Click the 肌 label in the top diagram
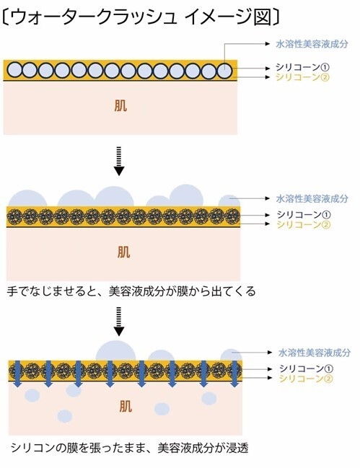[x=121, y=106]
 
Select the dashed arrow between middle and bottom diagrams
[x=120, y=324]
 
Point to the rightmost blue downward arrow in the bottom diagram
[x=233, y=374]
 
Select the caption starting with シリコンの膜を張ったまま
[x=129, y=447]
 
